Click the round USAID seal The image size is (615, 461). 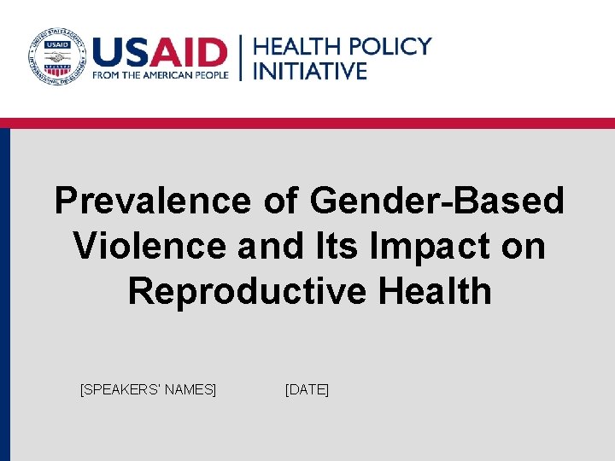pyautogui.click(x=57, y=57)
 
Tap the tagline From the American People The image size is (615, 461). pyautogui.click(x=161, y=74)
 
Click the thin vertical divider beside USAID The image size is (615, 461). pyautogui.click(x=241, y=57)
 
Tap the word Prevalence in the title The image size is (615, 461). pyautogui.click(x=152, y=201)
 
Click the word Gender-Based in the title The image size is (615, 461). pyautogui.click(x=437, y=201)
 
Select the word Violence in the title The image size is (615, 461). pyautogui.click(x=149, y=247)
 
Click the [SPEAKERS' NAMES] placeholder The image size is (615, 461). pyautogui.click(x=148, y=390)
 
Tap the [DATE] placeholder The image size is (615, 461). pyautogui.click(x=307, y=390)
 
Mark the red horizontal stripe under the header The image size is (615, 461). pyautogui.click(x=307, y=123)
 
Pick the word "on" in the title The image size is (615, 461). pyautogui.click(x=524, y=247)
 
